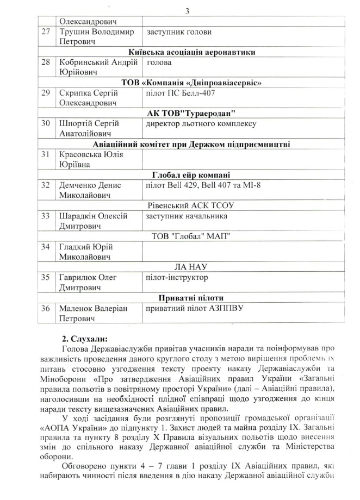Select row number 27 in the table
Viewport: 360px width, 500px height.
(46, 32)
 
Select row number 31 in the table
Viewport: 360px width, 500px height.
(46, 154)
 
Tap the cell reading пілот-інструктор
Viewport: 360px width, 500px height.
(175, 277)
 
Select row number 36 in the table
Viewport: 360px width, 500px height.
(46, 308)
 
